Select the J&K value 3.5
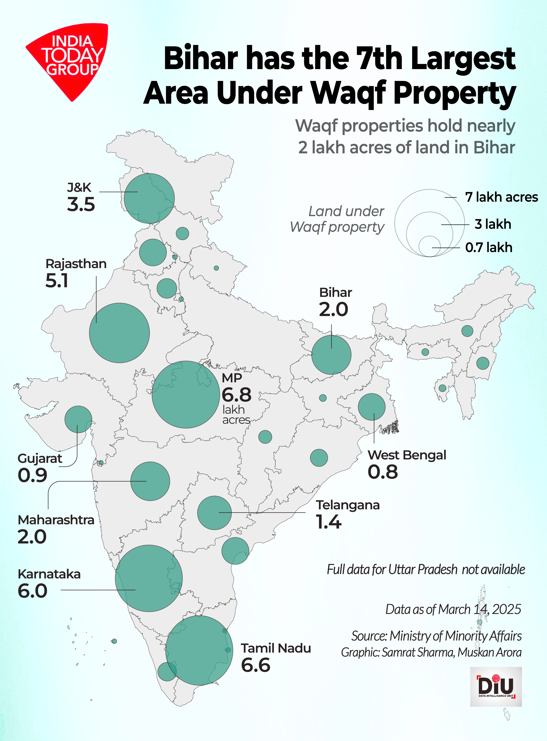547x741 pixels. coord(81,204)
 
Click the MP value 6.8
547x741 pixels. coord(236,395)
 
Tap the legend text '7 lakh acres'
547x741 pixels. coord(501,197)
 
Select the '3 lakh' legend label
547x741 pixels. coord(493,224)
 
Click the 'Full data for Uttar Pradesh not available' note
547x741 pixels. coord(426,569)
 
